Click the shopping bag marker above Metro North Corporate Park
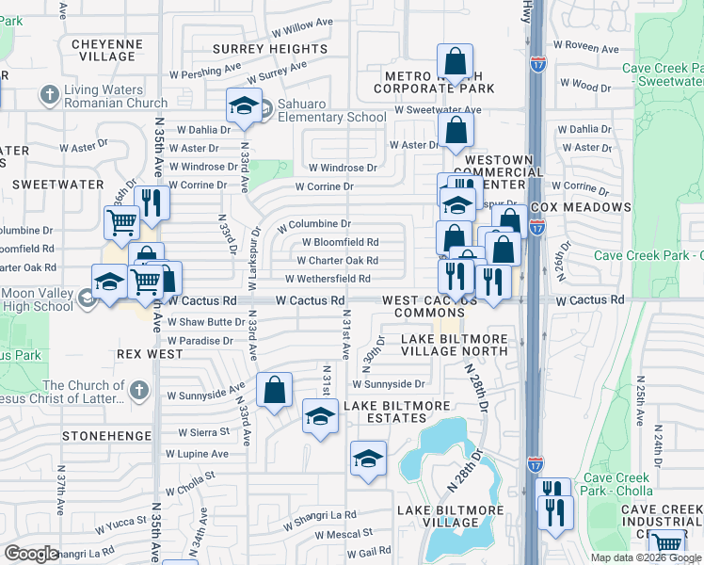point(456,63)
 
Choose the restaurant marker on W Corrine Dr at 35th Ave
point(151,202)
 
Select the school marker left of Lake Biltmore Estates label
point(320,416)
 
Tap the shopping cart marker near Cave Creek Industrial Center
point(667,543)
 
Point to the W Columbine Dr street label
point(314,224)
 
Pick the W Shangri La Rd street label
point(324,515)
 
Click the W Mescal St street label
point(344,534)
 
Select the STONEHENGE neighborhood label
point(106,436)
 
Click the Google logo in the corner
point(31,554)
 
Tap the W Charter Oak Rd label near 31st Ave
point(339,260)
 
